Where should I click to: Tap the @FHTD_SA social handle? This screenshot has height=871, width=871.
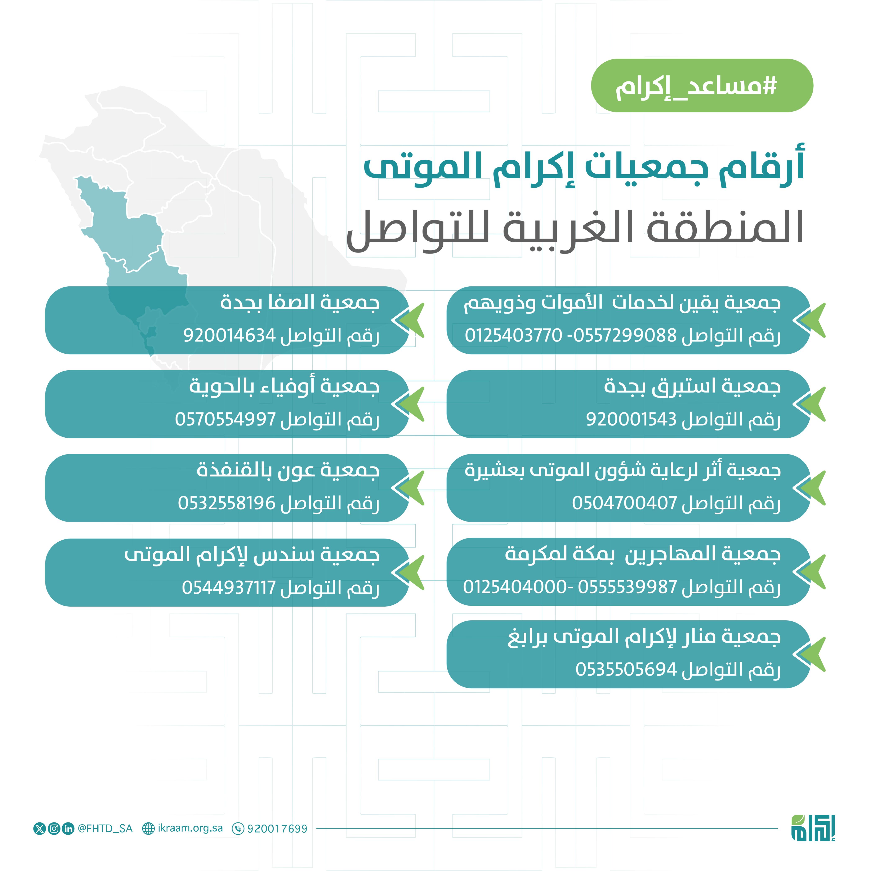[105, 828]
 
